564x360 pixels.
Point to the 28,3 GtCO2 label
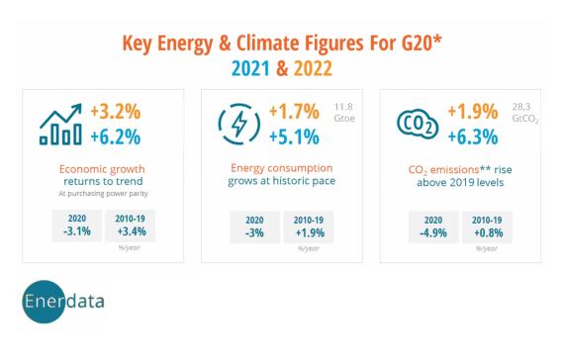pos(525,112)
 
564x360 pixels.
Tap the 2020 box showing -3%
pos(254,225)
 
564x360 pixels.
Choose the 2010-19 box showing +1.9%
pos(309,225)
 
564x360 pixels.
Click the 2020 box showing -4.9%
pos(433,225)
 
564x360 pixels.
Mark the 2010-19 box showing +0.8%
pos(487,225)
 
